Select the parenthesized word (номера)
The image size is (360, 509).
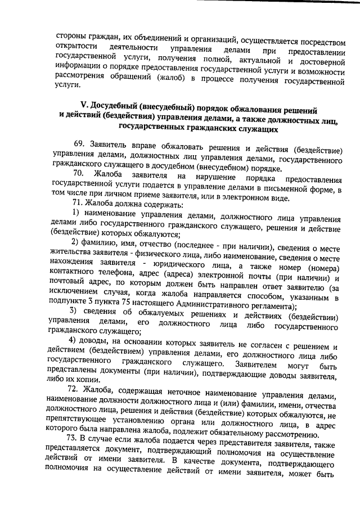(x=323, y=268)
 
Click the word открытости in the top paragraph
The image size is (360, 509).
(x=76, y=46)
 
